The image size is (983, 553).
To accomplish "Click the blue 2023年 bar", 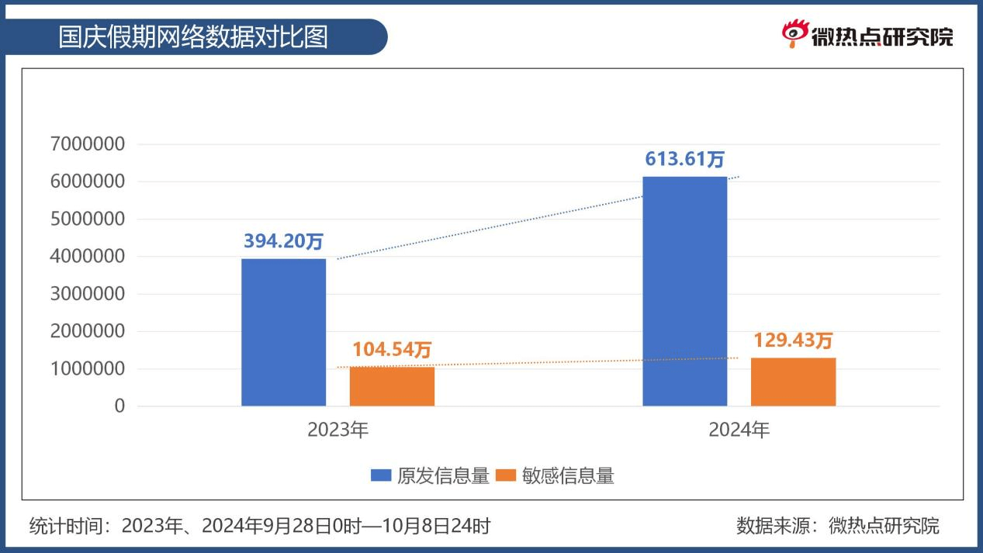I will click(283, 332).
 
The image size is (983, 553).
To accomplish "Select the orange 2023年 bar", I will click(392, 386).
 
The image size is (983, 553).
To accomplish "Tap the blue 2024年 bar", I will click(685, 291).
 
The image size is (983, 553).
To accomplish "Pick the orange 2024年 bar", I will click(793, 382).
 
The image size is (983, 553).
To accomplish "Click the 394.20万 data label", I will click(283, 241).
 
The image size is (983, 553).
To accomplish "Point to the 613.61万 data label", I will click(685, 159).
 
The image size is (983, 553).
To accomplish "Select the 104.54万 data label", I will click(392, 350).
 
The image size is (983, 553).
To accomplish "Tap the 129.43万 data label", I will click(793, 340).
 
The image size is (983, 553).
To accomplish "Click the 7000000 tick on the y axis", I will click(87, 144).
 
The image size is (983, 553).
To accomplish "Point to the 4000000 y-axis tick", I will click(87, 257).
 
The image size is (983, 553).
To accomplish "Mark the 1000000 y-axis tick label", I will click(87, 369).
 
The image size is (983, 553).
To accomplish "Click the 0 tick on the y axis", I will click(119, 406).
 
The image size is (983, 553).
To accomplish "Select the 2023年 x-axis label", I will click(337, 430).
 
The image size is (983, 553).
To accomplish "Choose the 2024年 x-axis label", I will click(739, 430).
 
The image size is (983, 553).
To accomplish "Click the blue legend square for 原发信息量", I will click(380, 475).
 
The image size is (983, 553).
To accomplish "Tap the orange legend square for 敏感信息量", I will click(505, 475).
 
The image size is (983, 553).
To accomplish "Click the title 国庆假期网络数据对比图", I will click(194, 36).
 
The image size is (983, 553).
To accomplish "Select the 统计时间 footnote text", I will click(260, 526).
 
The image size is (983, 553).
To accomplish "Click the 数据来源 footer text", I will click(837, 526).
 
